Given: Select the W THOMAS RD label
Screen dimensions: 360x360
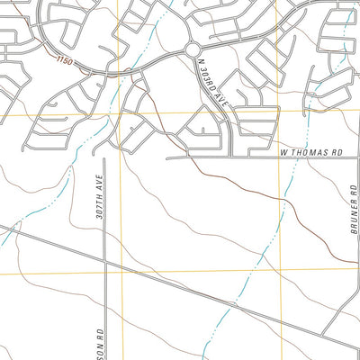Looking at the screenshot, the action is pos(312,153).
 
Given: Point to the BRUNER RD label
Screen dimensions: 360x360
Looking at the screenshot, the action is pos(354,209).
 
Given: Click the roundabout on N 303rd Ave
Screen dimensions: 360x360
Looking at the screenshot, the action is pos(192,49).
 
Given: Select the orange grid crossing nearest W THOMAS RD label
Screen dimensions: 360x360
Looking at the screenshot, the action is pos(282,114).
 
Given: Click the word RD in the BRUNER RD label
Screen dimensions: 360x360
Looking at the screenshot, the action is pos(354,190).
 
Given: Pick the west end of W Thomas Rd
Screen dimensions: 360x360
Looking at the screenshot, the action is pos(168,159).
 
